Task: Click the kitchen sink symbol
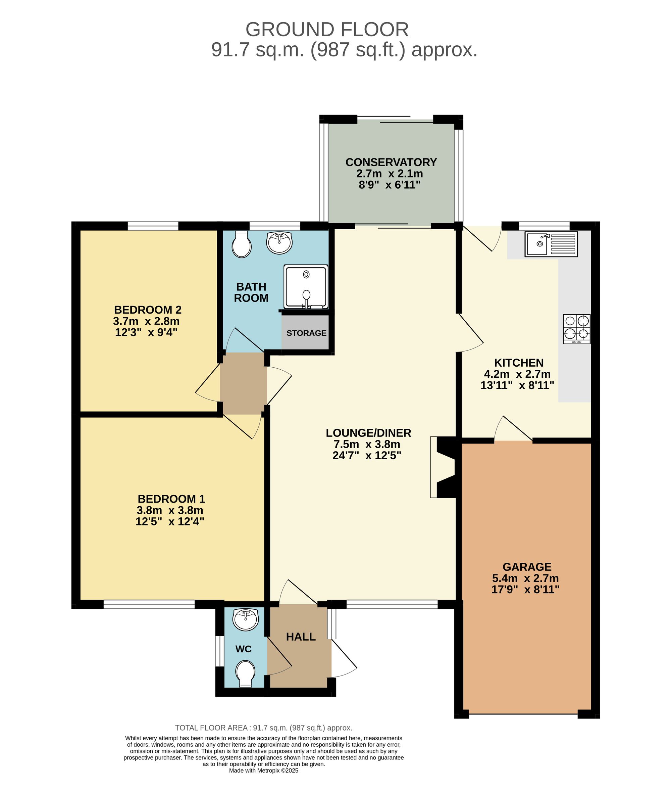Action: point(551,244)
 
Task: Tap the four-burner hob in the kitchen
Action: point(577,329)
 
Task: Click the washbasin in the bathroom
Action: point(279,242)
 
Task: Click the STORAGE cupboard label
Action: point(306,333)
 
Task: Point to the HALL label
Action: point(301,637)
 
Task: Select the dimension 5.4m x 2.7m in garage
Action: point(525,578)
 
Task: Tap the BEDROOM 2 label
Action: point(148,310)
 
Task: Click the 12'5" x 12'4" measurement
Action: point(170,521)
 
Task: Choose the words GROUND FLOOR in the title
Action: point(327,30)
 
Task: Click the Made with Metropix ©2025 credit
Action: point(263,771)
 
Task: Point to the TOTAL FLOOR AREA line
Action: point(263,728)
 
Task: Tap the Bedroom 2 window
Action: point(153,226)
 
